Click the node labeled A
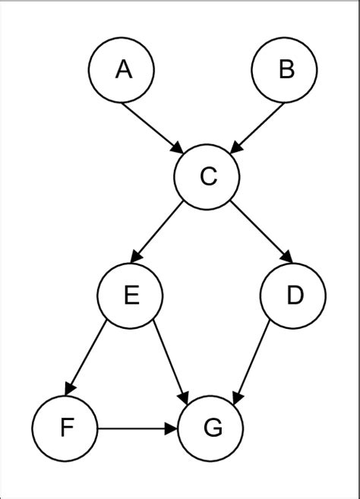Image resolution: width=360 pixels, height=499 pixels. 122,70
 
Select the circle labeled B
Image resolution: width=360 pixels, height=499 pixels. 285,70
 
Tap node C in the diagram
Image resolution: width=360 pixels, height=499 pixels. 207,177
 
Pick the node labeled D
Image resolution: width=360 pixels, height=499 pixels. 292,295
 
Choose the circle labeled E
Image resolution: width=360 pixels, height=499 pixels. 131,295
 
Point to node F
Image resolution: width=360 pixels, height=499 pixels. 66,428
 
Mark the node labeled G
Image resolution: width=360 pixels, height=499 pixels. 212,428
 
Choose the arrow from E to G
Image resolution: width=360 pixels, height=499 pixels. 170,360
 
